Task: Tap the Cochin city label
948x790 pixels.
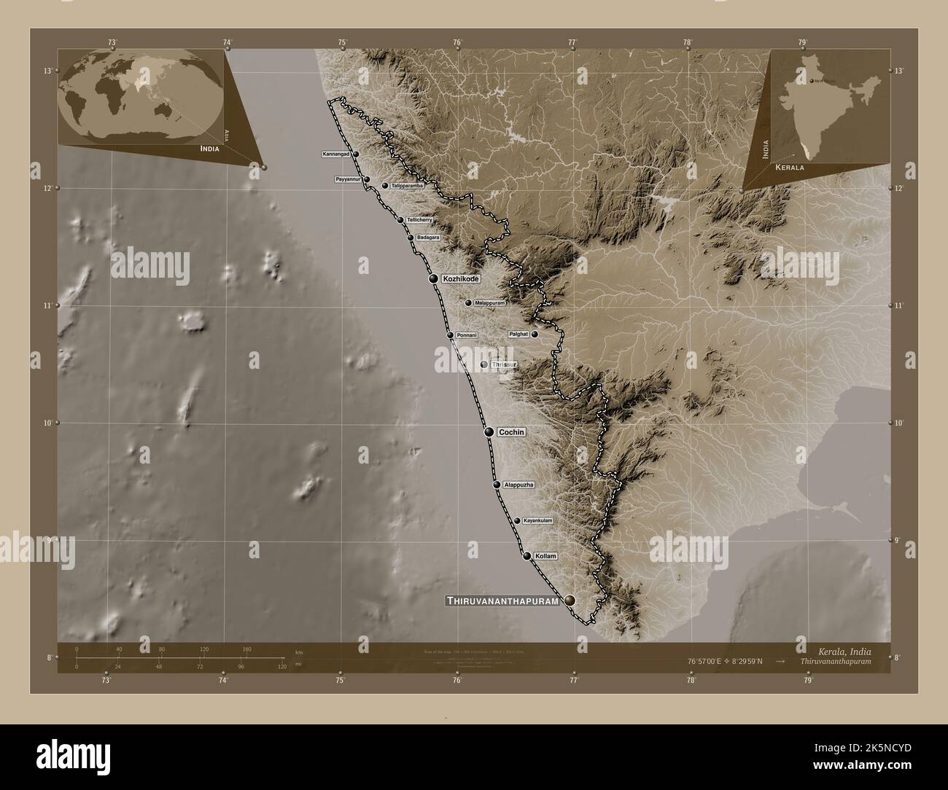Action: pos(510,432)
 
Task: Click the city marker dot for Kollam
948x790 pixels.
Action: pos(527,556)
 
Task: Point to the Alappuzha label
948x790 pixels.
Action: pos(518,485)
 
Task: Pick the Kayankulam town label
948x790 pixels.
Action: pos(538,521)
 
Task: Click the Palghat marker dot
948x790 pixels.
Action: pos(535,335)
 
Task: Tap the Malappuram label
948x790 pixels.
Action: pos(489,302)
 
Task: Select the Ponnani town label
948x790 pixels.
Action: pos(467,335)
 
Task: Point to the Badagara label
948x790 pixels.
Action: pos(428,238)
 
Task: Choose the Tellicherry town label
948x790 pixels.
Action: pos(420,220)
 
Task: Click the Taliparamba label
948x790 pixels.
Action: pos(407,186)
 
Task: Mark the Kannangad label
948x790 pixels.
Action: pos(336,155)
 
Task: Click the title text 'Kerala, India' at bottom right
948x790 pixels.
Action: pos(839,650)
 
